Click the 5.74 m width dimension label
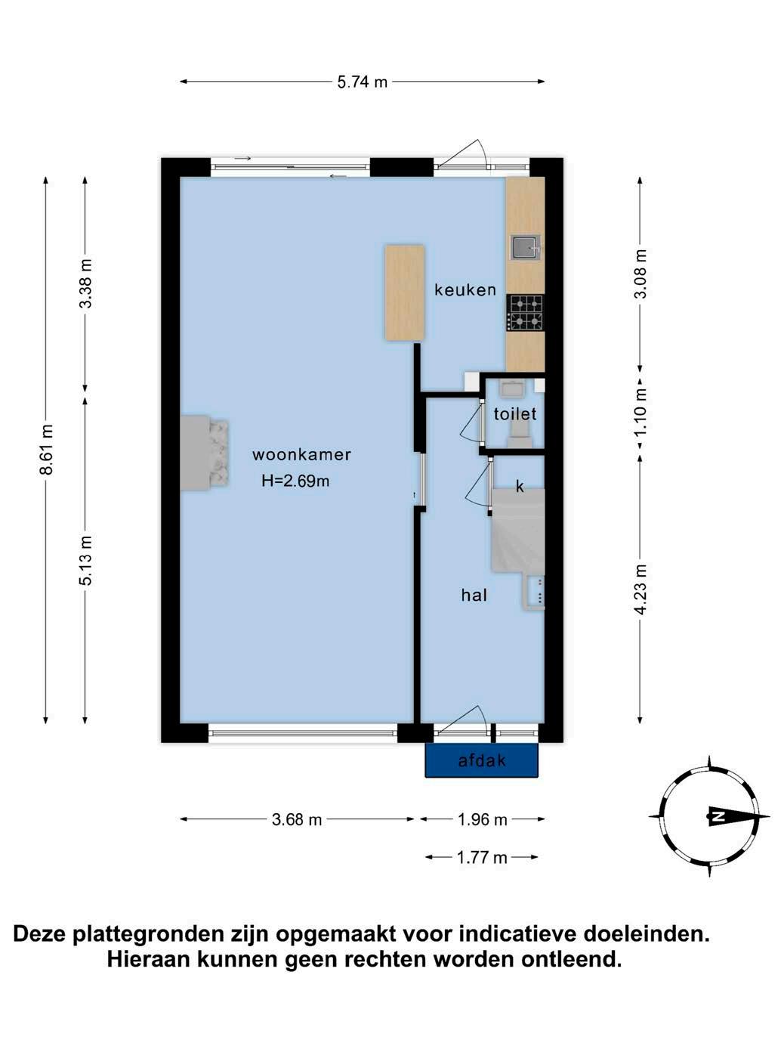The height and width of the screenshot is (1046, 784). (363, 82)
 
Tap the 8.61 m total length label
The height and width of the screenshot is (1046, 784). (47, 450)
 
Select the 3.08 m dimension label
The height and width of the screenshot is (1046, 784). (641, 274)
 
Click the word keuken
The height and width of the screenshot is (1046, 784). (465, 289)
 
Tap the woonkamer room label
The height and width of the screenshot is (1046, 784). (302, 455)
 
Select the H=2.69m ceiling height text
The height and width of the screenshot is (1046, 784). (295, 481)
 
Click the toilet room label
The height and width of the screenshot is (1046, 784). (515, 413)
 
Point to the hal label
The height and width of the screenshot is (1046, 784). (474, 596)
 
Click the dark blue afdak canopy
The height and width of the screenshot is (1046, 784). (482, 760)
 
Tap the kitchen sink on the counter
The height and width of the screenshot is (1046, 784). (526, 247)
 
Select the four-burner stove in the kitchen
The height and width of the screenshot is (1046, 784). (526, 313)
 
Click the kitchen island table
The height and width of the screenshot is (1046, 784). (405, 292)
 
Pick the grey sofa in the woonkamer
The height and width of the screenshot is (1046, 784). (204, 453)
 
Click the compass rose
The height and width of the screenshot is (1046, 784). (709, 816)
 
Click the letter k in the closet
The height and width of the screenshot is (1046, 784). (520, 486)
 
